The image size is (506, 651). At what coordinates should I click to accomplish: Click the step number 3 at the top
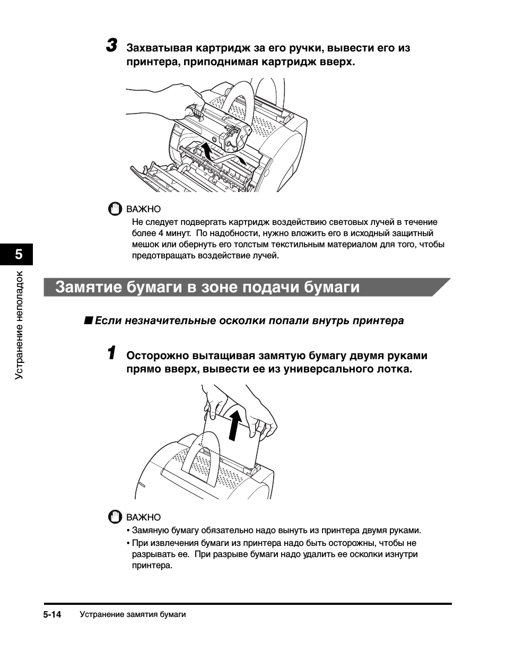tap(111, 46)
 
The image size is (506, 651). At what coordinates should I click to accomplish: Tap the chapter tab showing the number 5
tap(19, 254)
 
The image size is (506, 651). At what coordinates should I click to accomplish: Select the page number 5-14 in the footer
tap(53, 614)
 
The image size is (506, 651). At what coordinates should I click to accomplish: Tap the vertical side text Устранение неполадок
tap(20, 325)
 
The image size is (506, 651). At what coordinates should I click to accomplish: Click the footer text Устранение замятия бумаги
tap(133, 614)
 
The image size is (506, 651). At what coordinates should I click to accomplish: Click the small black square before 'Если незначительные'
tap(89, 320)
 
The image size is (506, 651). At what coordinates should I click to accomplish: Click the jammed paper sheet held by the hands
tap(233, 446)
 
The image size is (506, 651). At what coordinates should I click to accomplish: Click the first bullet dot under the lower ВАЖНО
tap(128, 531)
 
